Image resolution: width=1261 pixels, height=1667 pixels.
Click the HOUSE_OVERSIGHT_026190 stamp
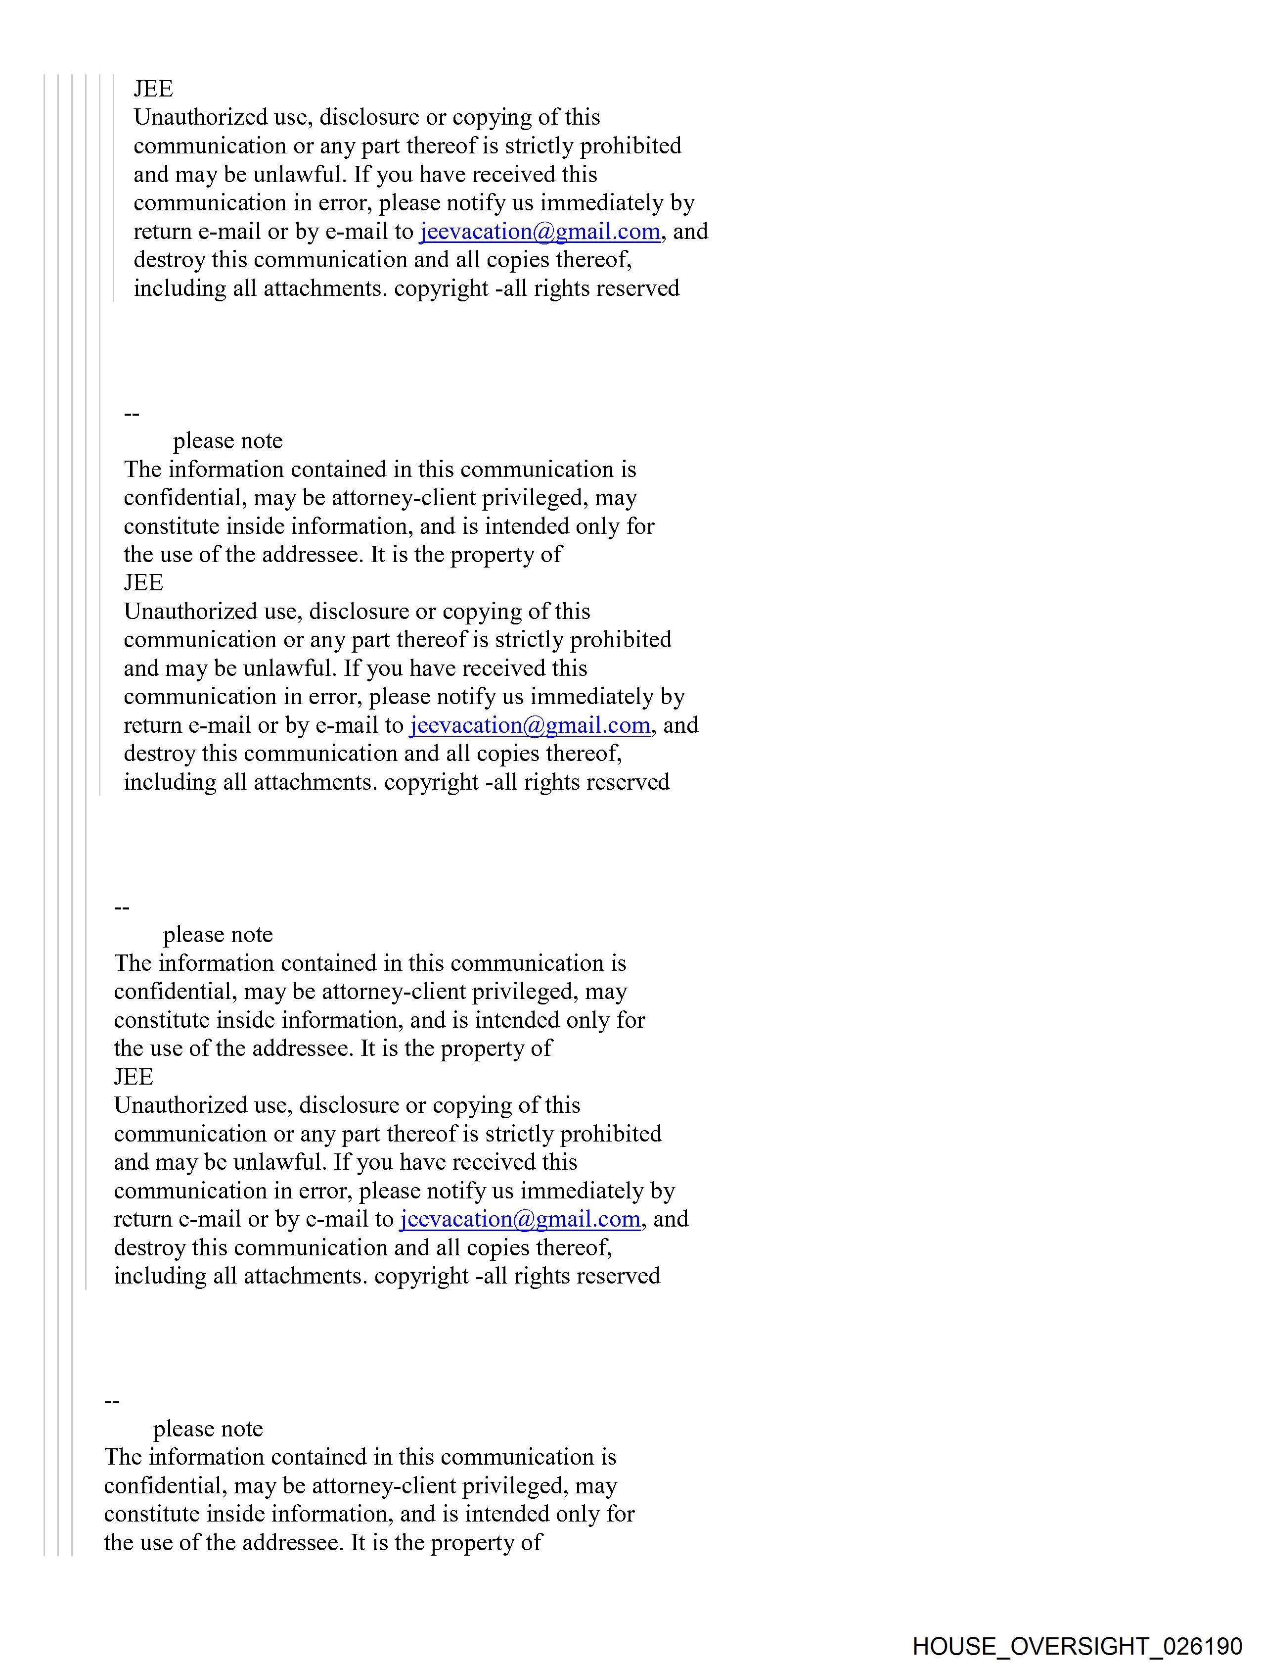[1077, 1645]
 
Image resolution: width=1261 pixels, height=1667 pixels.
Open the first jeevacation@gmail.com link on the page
[540, 232]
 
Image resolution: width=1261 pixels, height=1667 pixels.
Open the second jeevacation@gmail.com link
[530, 725]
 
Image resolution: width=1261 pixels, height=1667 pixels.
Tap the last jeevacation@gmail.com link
[520, 1219]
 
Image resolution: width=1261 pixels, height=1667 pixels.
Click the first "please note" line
[227, 441]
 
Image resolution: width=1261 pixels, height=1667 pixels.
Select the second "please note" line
[218, 935]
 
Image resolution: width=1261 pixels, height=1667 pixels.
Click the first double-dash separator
[132, 414]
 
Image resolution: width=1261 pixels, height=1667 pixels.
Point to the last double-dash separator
[111, 1401]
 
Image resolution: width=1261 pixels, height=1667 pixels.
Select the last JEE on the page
[134, 1076]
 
